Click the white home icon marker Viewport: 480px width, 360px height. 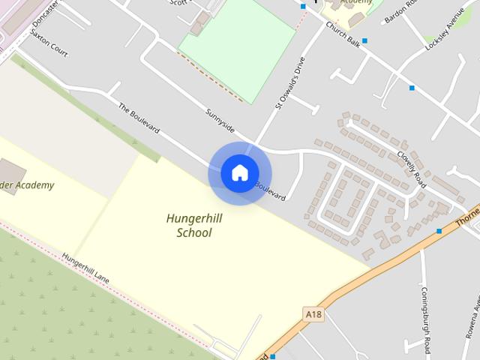point(239,172)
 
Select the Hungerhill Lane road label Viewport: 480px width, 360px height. point(86,268)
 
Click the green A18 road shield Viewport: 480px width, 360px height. point(313,313)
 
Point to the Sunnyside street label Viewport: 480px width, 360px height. point(220,118)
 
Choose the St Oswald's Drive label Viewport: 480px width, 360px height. point(290,83)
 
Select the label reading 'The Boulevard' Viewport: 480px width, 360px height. point(139,118)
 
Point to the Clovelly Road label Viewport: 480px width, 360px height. point(412,169)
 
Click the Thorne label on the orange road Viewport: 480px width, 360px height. point(466,218)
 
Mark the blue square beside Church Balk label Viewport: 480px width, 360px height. point(365,40)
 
